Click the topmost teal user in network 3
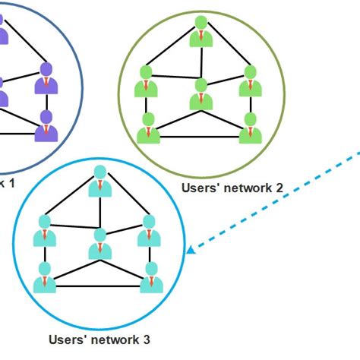(x=99, y=181)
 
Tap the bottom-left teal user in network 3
(x=45, y=279)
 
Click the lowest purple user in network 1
(x=46, y=127)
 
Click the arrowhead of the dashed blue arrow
(x=191, y=248)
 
